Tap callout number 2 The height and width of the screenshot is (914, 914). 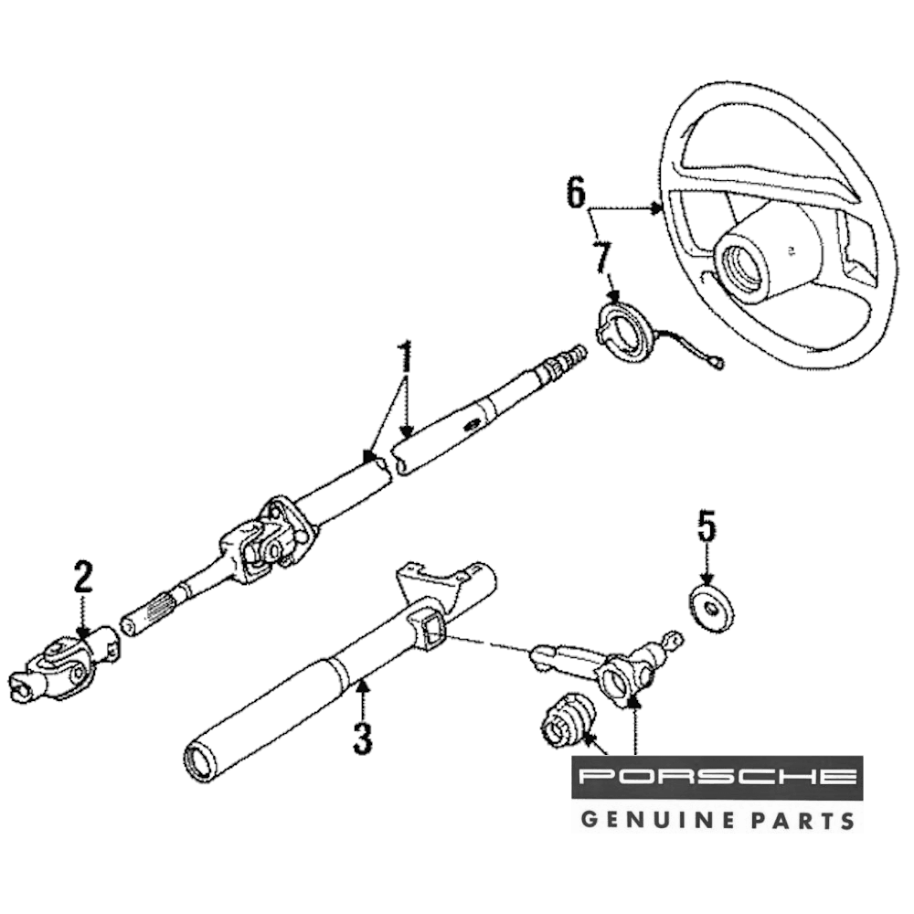[x=83, y=579]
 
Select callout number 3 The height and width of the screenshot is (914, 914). [x=363, y=737]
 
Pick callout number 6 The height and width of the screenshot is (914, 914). [x=575, y=193]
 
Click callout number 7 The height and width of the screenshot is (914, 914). [x=602, y=258]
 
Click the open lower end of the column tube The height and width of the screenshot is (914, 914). [x=200, y=761]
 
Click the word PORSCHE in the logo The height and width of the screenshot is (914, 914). [x=717, y=779]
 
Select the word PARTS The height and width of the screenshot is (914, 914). [x=805, y=818]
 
